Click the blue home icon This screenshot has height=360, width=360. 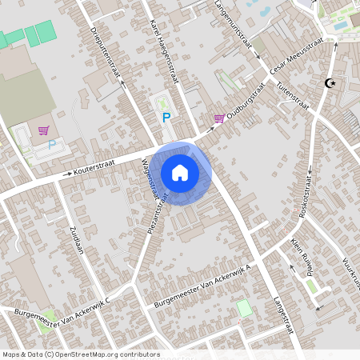[180, 172]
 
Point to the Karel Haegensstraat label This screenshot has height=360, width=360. [162, 53]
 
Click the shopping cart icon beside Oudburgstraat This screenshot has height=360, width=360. [218, 118]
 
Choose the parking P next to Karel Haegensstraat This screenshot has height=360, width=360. [166, 118]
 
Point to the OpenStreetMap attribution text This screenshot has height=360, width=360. [80, 354]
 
